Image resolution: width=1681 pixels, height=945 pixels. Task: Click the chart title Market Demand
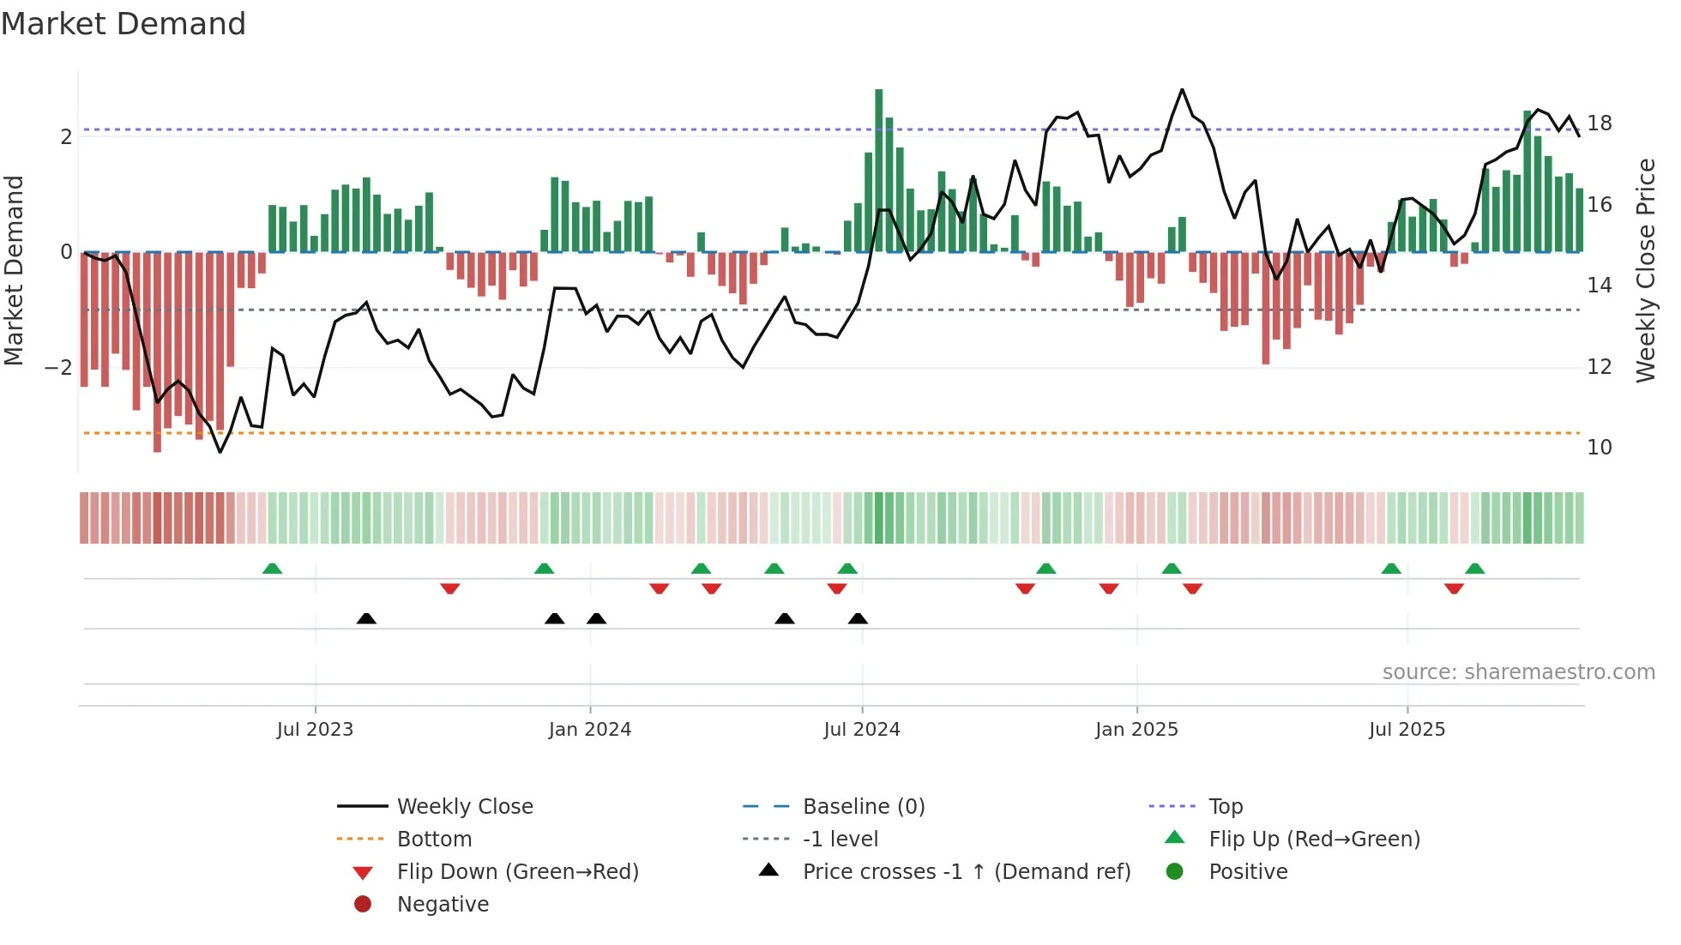(124, 24)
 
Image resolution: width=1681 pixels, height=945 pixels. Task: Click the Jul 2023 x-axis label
(315, 730)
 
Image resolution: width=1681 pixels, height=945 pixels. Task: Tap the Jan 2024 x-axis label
(590, 730)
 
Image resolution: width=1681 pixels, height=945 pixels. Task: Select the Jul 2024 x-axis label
(862, 730)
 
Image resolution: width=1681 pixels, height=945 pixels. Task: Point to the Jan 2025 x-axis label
(1136, 730)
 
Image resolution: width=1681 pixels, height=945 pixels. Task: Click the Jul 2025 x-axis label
(1407, 730)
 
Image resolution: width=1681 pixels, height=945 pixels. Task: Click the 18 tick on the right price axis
(1600, 123)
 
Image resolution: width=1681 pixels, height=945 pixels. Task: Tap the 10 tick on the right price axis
(1600, 448)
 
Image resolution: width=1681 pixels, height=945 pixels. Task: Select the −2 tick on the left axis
(58, 368)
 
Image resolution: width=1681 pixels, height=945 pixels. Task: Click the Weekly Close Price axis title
(1645, 270)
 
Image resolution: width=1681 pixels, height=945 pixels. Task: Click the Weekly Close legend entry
(464, 807)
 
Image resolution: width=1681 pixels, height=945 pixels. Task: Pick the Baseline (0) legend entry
(863, 807)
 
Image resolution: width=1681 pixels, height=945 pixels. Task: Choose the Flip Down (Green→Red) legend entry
(517, 872)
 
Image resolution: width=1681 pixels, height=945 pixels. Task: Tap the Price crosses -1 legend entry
(966, 872)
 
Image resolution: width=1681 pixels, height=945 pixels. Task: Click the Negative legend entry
(443, 905)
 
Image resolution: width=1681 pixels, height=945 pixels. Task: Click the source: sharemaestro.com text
(1518, 672)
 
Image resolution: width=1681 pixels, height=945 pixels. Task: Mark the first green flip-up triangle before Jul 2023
(272, 569)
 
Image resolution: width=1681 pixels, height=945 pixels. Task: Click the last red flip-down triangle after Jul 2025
(1454, 588)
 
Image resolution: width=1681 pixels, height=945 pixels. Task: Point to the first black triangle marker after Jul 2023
(366, 618)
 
